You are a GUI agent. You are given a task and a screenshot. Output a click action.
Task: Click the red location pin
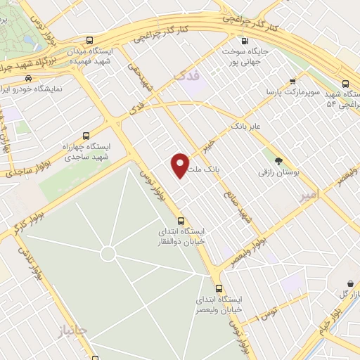coord(181,165)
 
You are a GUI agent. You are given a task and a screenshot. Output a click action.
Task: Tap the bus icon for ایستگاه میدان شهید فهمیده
coord(88,41)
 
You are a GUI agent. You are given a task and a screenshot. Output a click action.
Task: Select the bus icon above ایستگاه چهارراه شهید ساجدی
coord(86,136)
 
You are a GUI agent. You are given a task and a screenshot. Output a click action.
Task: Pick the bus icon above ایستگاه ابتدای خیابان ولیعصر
coord(219,288)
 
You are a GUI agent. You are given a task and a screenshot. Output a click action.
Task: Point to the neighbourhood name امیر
coord(308,193)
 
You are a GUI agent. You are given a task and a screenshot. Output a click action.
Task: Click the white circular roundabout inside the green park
coord(108,253)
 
